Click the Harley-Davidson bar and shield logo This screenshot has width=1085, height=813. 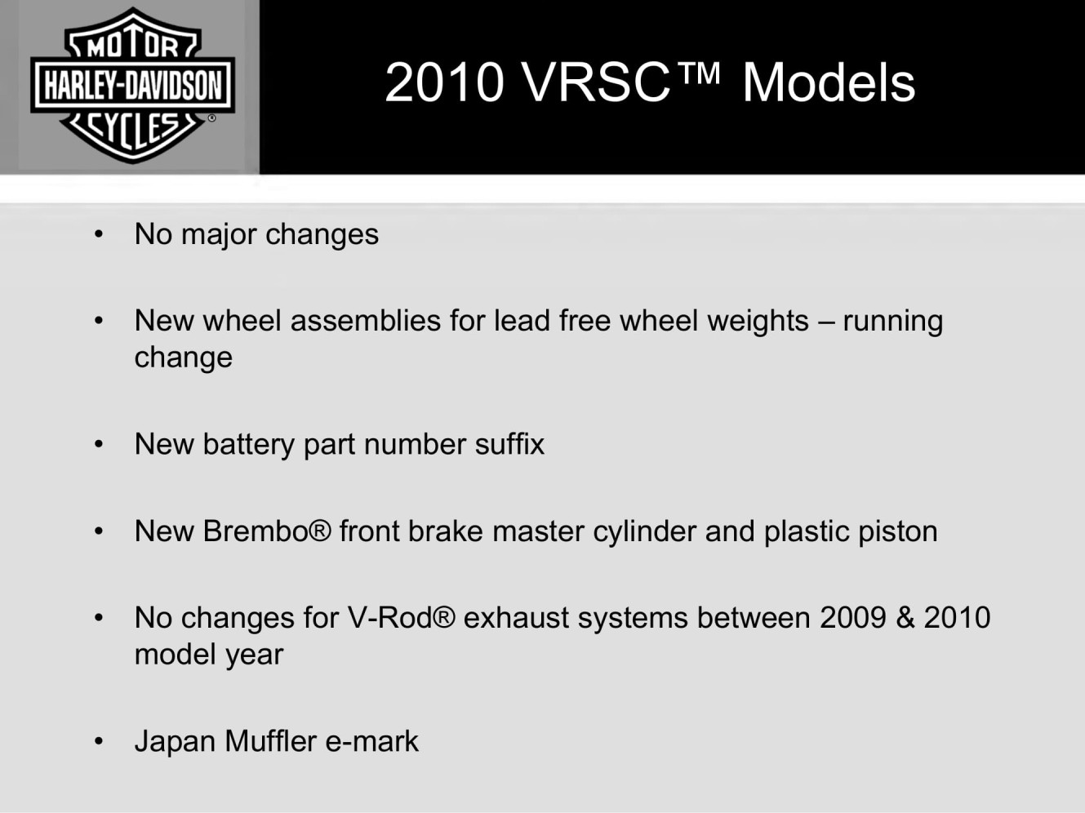click(x=132, y=85)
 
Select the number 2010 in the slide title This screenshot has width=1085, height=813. click(x=444, y=82)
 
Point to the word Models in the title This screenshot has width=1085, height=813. click(x=829, y=82)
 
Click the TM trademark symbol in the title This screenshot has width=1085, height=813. click(x=698, y=73)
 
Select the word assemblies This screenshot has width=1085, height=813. click(x=365, y=321)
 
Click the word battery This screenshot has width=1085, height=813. click(x=249, y=445)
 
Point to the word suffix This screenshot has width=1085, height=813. click(x=509, y=443)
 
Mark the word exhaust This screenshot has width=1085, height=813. click(x=516, y=618)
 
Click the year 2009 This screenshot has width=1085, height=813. click(x=853, y=618)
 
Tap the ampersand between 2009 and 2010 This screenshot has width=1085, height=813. click(x=905, y=618)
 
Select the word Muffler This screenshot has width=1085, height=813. click(x=270, y=741)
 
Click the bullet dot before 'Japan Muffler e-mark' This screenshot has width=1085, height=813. click(x=99, y=741)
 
